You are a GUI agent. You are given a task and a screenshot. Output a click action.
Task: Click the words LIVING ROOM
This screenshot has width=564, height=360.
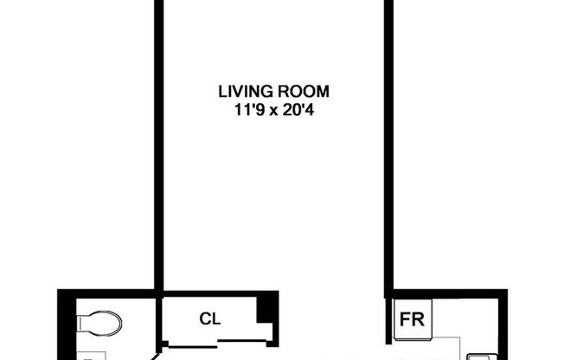(273, 92)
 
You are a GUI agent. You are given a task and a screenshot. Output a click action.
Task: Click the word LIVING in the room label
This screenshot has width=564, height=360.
(246, 92)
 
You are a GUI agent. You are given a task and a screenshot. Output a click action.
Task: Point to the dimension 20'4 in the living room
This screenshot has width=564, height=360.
(298, 110)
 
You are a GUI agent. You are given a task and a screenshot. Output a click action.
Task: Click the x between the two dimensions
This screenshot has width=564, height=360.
(273, 112)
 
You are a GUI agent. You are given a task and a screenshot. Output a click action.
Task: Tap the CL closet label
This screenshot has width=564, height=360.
(210, 318)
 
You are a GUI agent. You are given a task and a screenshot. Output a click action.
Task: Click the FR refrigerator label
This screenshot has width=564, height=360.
(413, 319)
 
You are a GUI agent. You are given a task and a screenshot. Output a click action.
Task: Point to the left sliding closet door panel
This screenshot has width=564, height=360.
(192, 347)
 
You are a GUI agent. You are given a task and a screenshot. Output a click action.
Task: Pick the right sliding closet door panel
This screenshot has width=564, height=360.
(242, 341)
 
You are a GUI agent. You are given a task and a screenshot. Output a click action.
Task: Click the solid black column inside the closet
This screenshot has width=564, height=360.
(265, 309)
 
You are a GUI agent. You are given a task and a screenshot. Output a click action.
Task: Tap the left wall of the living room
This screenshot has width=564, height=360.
(159, 145)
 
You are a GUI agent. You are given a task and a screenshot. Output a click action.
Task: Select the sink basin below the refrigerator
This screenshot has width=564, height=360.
(483, 357)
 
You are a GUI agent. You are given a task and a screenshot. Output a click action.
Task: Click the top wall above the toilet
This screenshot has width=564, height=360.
(106, 293)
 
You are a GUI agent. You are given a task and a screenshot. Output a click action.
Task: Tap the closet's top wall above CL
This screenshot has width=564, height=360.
(220, 293)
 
